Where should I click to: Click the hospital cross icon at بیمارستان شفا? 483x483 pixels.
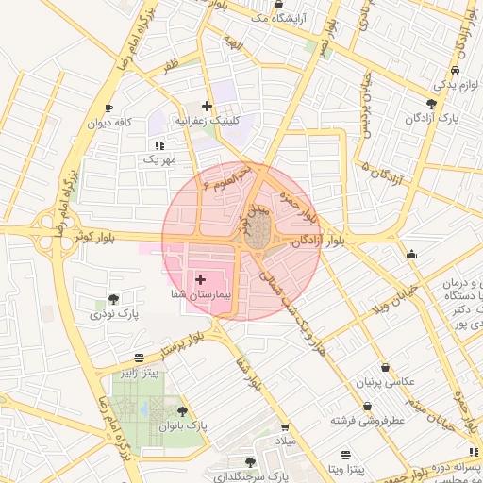click(200, 279)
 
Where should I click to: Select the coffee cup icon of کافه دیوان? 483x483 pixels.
click(109, 108)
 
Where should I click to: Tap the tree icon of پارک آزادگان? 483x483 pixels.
click(431, 104)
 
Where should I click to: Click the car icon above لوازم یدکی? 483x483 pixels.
click(456, 70)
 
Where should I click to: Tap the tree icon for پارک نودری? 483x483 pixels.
click(114, 298)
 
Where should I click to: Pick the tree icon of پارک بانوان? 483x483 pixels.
click(181, 411)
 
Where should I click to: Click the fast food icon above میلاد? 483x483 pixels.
click(284, 426)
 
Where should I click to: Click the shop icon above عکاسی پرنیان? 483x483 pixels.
click(384, 368)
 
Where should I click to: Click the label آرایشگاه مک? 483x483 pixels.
click(280, 18)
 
